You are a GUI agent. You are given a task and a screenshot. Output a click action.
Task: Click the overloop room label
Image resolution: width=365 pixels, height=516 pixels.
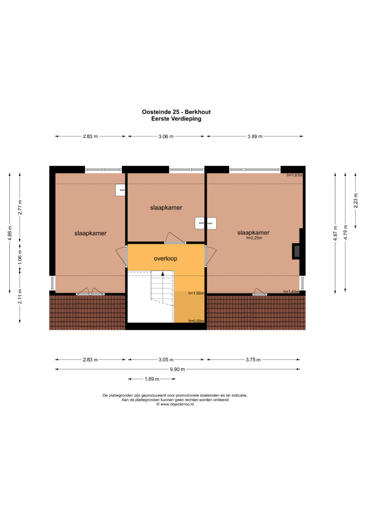tap(166, 259)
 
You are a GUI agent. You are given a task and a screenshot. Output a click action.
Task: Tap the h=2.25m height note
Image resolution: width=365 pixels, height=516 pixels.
tap(254, 238)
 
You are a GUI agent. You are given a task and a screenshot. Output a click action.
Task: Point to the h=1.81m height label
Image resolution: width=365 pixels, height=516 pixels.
tap(294, 175)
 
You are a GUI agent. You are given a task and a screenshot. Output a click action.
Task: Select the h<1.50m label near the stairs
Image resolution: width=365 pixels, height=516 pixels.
tap(196, 293)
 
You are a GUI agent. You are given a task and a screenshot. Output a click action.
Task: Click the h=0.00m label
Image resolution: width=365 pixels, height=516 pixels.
tap(196, 321)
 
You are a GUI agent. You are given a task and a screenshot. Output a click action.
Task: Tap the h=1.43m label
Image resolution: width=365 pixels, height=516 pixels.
tap(291, 292)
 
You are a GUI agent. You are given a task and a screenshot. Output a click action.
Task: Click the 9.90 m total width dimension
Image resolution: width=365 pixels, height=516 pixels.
tap(177, 369)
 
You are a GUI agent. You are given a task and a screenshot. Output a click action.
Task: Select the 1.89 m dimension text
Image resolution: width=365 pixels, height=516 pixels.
tap(152, 379)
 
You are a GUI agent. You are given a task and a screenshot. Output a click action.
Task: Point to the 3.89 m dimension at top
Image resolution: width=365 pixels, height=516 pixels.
tap(255, 137)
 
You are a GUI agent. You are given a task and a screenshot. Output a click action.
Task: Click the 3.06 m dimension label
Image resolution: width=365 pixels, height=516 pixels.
tap(166, 137)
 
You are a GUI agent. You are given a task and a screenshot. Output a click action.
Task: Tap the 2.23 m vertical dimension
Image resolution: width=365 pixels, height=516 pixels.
tap(356, 200)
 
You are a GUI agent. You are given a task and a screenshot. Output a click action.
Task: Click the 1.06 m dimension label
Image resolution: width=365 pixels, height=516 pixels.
tap(20, 256)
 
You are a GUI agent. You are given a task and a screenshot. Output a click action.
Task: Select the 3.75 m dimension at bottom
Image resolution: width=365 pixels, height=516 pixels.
tap(253, 360)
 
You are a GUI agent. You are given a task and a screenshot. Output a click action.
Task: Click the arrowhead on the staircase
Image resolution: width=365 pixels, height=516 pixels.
tap(163, 274)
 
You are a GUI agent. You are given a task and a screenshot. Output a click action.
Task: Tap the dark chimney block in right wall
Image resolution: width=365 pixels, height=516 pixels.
tap(296, 251)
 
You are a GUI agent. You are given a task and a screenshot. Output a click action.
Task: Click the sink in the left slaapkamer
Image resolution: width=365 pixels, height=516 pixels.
tap(120, 190)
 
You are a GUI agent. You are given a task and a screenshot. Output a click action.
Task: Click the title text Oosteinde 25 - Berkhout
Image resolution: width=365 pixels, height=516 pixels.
tap(176, 112)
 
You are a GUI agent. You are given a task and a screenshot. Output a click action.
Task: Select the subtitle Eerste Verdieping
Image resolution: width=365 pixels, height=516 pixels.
tap(176, 119)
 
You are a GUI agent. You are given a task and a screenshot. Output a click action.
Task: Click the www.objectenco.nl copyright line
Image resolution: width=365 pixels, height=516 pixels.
tap(175, 404)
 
